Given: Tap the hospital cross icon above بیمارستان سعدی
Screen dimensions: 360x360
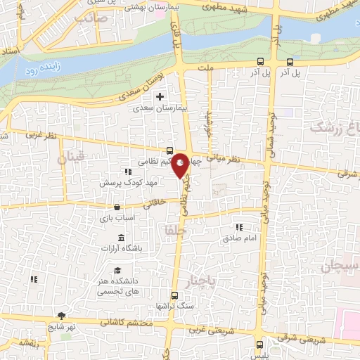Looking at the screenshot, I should point(160,96).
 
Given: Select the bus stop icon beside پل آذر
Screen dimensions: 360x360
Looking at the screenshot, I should point(260,61).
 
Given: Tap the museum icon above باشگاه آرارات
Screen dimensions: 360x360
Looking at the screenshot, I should point(122,237).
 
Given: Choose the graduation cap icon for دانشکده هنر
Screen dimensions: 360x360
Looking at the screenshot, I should point(117,271).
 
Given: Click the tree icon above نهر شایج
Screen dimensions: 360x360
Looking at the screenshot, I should point(62,316).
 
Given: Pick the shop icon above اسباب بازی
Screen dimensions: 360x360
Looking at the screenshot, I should point(116,207).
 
